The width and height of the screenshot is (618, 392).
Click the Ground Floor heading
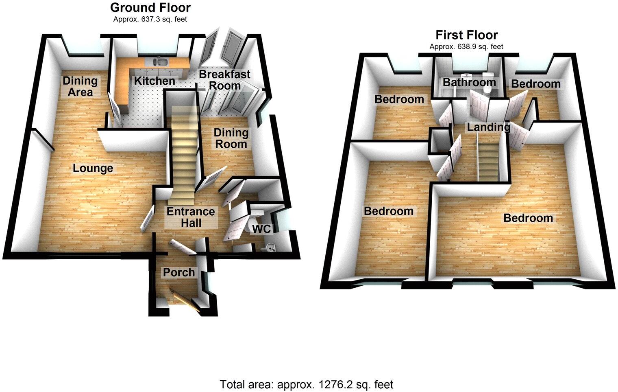(150, 7)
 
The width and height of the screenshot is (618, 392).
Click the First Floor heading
(466, 35)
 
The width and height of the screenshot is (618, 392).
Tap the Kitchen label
(154, 81)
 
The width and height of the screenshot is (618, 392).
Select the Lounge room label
(93, 168)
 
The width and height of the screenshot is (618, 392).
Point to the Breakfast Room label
(224, 80)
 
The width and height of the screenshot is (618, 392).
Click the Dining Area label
(80, 86)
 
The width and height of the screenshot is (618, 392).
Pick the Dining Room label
(231, 138)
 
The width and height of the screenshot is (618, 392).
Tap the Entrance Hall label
(191, 217)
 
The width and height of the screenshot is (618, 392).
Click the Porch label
(179, 272)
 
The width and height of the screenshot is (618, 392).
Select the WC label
(261, 229)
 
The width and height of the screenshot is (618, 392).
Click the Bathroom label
(469, 82)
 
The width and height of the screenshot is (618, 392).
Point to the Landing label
(488, 127)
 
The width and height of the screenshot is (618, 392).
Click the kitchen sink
(161, 62)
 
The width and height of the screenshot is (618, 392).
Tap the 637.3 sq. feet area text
(150, 19)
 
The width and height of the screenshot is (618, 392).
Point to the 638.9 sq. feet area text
(466, 46)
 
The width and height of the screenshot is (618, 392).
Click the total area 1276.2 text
(307, 384)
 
